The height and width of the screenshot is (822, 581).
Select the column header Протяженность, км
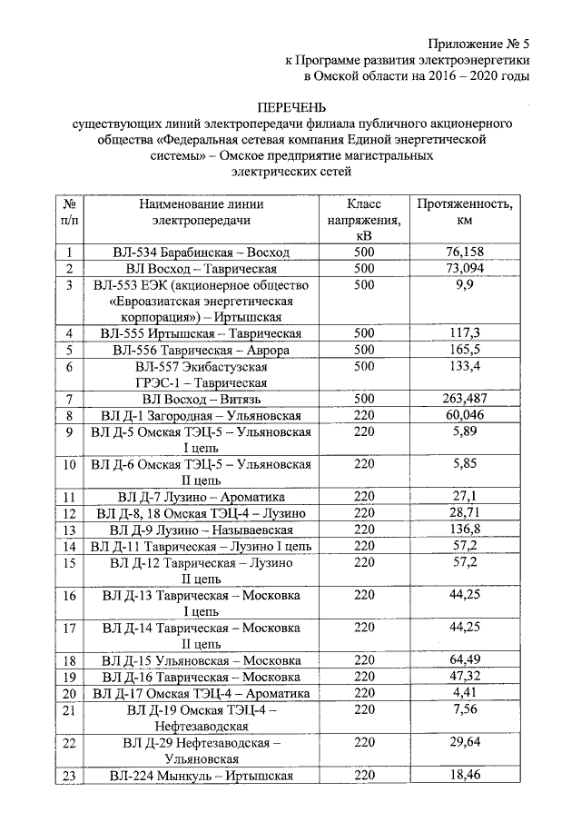464,213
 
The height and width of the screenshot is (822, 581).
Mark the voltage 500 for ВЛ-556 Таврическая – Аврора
363,350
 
